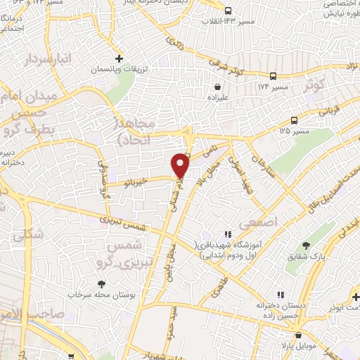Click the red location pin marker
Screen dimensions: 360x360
pos(181,165)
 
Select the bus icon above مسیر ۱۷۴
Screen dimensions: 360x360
pos(274,76)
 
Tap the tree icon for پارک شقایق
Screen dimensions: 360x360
pos(306,245)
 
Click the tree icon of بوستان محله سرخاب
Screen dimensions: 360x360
pos(103,284)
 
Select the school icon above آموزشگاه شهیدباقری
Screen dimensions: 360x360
pos(227,234)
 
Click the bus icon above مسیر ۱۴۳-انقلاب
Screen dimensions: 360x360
pos(229,11)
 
